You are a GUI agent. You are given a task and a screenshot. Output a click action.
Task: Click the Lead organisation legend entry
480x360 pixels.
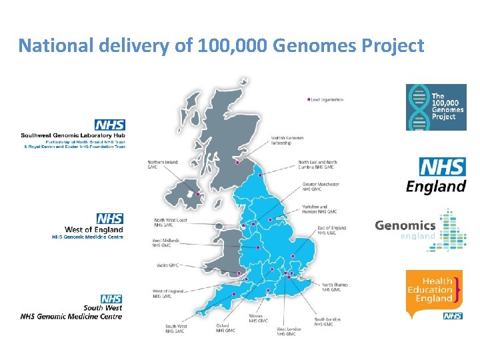(327, 99)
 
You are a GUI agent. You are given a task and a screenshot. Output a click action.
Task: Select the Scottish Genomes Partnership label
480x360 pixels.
(287, 141)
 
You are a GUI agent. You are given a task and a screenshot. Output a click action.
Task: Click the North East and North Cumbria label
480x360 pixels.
(317, 164)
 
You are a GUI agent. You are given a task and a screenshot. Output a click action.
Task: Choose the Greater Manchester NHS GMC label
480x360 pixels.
(321, 187)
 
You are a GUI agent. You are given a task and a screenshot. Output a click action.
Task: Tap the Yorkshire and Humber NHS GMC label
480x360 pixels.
(320, 209)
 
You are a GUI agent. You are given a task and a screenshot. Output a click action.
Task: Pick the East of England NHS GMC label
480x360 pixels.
(331, 230)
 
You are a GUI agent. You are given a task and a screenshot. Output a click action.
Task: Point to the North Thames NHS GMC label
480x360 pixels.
(335, 287)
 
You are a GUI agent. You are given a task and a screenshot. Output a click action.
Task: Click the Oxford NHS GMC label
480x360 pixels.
(225, 328)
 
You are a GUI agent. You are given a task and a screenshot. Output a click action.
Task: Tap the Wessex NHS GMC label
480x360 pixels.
(258, 318)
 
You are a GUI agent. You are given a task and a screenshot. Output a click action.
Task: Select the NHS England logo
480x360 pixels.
(436, 176)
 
